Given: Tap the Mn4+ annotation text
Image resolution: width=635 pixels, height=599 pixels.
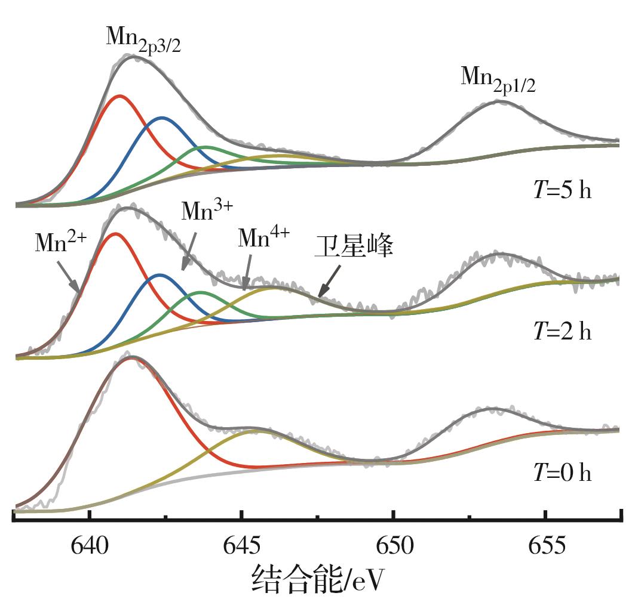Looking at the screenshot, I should click(x=263, y=238).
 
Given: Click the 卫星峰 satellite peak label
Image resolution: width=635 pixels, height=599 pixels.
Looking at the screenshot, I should click(x=354, y=246).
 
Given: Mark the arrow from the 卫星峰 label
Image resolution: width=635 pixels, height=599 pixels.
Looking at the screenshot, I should click(x=330, y=281).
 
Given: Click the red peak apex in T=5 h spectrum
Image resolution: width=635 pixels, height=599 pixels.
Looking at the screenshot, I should click(x=121, y=95).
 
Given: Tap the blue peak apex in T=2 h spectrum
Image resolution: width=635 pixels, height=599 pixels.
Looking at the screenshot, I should click(x=159, y=275).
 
